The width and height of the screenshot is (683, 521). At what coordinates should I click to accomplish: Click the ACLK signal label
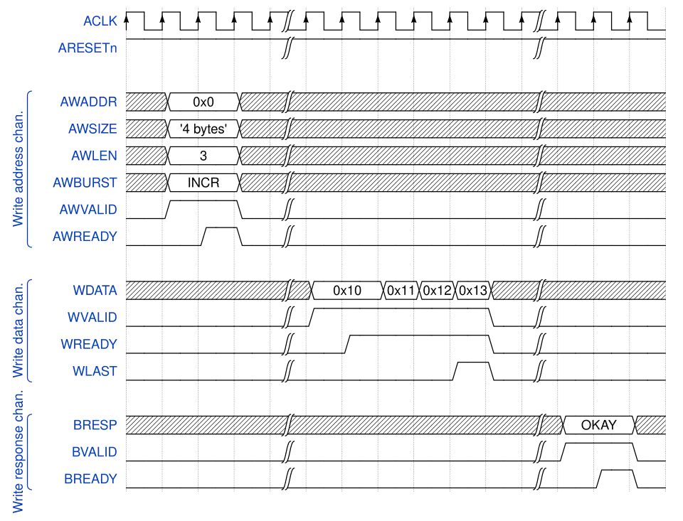click(x=100, y=21)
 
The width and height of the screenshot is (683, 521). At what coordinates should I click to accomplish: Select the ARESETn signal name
click(x=88, y=48)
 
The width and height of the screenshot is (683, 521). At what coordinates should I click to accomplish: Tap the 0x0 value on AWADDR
click(x=203, y=102)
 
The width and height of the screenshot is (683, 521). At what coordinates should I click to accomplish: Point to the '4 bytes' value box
click(x=203, y=129)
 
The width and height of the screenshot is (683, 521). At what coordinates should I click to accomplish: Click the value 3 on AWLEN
click(x=203, y=156)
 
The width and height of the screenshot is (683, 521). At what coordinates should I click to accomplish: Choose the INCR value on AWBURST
click(x=203, y=183)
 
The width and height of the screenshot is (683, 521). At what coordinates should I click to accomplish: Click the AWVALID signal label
click(x=88, y=210)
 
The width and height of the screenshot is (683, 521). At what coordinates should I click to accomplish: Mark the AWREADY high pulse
click(x=222, y=237)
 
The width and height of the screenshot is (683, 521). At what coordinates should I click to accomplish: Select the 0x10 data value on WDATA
click(x=347, y=290)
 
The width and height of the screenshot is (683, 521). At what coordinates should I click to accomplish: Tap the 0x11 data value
click(x=401, y=290)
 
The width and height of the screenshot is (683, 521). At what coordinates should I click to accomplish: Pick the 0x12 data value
click(x=438, y=290)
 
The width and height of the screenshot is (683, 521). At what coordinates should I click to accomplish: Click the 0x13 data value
click(x=474, y=290)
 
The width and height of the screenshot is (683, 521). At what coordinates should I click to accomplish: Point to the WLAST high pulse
click(x=474, y=371)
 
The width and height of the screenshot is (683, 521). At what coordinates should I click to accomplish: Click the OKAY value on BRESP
click(x=599, y=425)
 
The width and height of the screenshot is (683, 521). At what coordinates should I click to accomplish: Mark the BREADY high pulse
click(x=617, y=479)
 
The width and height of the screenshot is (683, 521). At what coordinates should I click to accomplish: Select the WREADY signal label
click(x=89, y=344)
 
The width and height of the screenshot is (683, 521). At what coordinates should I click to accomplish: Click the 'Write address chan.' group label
click(x=18, y=169)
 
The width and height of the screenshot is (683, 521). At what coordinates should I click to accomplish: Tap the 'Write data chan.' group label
click(x=18, y=331)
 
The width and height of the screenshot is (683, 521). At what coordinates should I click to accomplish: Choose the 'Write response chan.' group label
click(x=18, y=452)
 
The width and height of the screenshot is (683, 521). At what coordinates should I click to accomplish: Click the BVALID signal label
click(x=94, y=452)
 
